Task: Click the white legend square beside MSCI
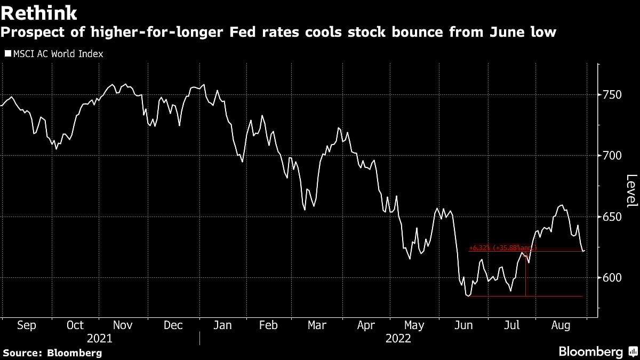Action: coord(7,54)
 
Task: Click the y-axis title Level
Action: coord(631,191)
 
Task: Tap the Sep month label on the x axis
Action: coord(27,325)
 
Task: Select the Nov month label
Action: coord(123,325)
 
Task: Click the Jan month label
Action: coord(222,325)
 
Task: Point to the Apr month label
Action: coord(366,325)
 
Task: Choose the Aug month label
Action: coord(561,325)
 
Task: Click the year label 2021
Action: coord(99,338)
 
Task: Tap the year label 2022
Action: coord(398,338)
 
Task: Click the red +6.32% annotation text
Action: coord(501,248)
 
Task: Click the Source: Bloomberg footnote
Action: coord(52,353)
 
